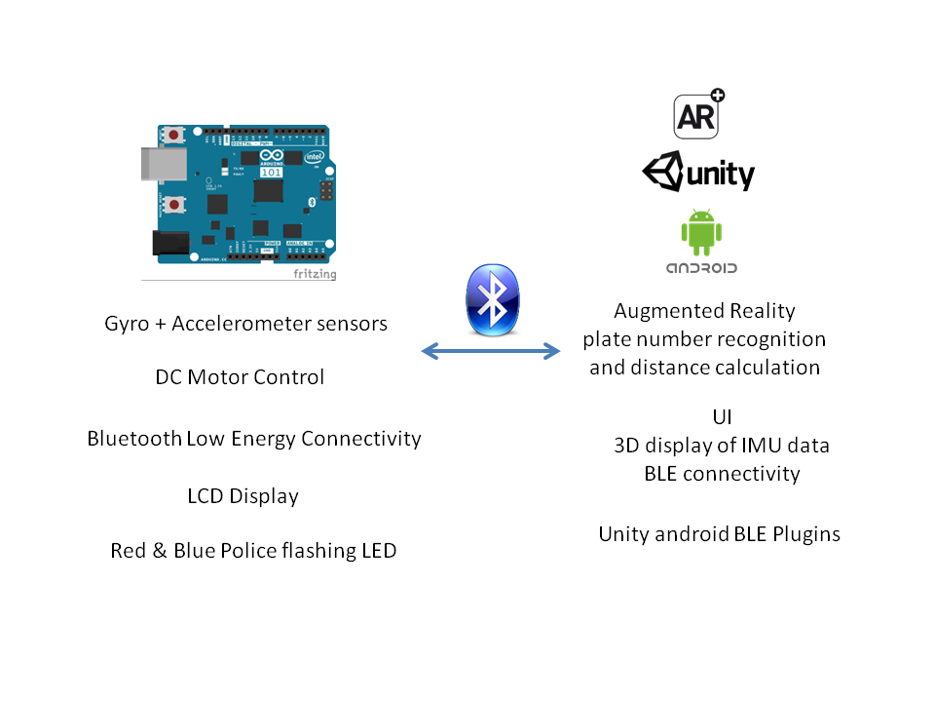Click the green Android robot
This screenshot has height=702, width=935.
click(701, 232)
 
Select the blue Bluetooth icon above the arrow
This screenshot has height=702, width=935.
click(493, 298)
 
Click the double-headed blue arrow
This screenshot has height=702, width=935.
click(492, 351)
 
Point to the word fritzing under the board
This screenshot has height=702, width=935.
click(315, 274)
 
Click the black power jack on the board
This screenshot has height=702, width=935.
click(170, 244)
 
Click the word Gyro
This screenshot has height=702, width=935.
click(127, 324)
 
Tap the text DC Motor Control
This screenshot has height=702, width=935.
click(240, 376)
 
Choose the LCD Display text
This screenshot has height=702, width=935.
click(243, 496)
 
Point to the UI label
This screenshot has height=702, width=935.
click(722, 417)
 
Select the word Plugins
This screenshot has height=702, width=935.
click(805, 534)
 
